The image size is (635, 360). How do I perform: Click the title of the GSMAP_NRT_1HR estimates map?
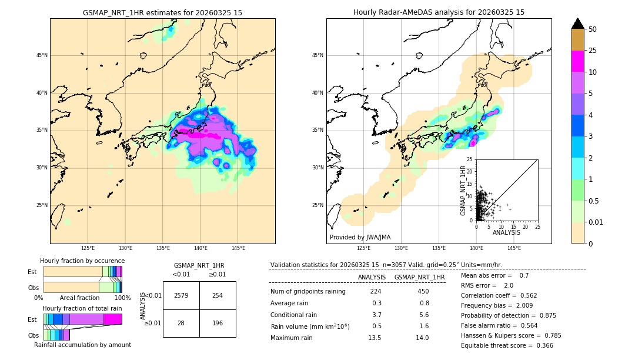pyautogui.click(x=162, y=12)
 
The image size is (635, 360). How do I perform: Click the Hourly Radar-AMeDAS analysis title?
pyautogui.click(x=439, y=12)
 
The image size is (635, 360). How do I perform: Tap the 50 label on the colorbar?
pyautogui.click(x=593, y=29)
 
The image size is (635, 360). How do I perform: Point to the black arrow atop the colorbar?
pyautogui.click(x=578, y=24)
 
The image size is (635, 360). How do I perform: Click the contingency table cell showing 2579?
pyautogui.click(x=181, y=295)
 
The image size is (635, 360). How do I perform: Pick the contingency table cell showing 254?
pyautogui.click(x=218, y=295)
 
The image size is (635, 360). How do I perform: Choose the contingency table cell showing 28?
pyautogui.click(x=181, y=323)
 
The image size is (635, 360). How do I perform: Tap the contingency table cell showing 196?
pyautogui.click(x=218, y=323)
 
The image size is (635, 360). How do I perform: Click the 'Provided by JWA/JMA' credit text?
pyautogui.click(x=360, y=237)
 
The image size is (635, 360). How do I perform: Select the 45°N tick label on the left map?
pyautogui.click(x=41, y=55)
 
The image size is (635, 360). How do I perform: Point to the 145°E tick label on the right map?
pyautogui.click(x=514, y=248)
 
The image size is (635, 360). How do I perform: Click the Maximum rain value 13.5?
pyautogui.click(x=375, y=338)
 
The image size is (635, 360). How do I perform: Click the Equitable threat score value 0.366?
pyautogui.click(x=541, y=346)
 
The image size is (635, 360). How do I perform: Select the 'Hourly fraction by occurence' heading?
pyautogui.click(x=82, y=261)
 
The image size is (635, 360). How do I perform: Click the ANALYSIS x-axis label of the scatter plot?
pyautogui.click(x=506, y=233)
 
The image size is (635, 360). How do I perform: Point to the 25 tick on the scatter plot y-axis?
pyautogui.click(x=470, y=159)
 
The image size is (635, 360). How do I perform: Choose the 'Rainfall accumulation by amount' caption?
pyautogui.click(x=82, y=345)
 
